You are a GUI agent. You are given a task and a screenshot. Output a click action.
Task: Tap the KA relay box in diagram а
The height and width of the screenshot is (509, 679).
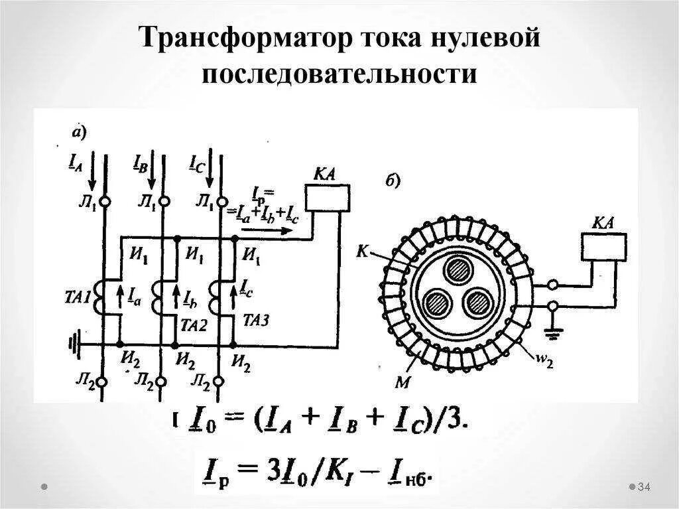pos(327,198)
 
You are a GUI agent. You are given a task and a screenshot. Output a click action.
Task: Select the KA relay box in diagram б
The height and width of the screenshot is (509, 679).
pos(604,246)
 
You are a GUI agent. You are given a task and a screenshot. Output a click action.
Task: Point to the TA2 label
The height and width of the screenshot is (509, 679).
pos(194,325)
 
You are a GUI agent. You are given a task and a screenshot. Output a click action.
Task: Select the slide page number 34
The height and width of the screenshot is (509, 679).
pos(643,488)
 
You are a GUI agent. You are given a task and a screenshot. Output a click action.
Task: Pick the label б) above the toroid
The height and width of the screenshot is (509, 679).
pos(392,181)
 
